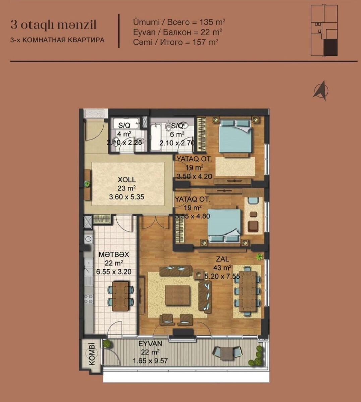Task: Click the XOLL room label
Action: click(127, 180)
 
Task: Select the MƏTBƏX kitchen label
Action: click(114, 254)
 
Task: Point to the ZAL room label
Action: click(222, 259)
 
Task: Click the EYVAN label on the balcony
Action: click(150, 343)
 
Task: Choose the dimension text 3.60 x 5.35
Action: click(126, 197)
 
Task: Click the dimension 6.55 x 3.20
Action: click(114, 272)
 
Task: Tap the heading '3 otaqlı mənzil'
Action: click(53, 25)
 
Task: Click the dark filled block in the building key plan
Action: click(330, 47)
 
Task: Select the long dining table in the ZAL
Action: click(247, 292)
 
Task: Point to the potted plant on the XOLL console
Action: click(87, 184)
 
